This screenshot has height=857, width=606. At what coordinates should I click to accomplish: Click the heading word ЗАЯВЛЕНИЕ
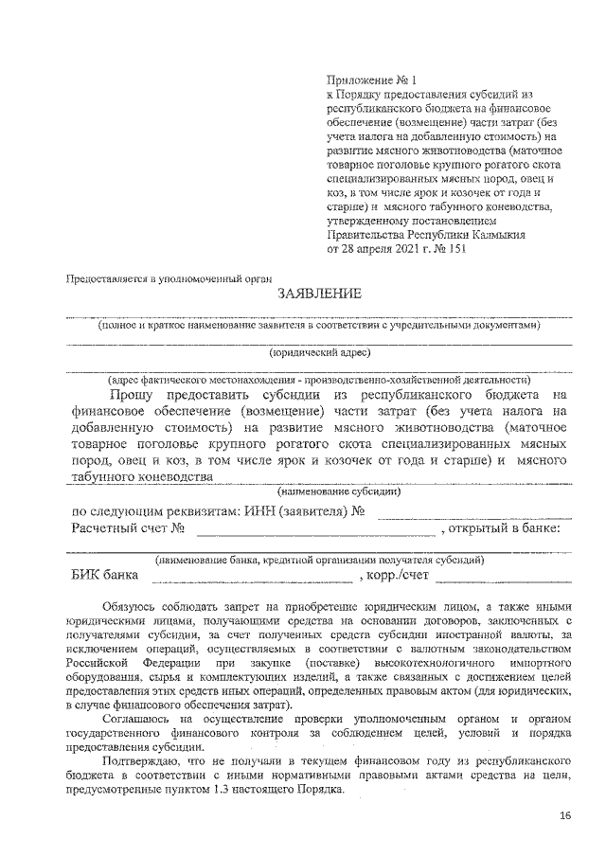(320, 294)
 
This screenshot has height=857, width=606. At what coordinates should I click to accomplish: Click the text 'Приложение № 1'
(364, 81)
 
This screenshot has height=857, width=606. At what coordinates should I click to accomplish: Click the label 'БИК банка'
(104, 575)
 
